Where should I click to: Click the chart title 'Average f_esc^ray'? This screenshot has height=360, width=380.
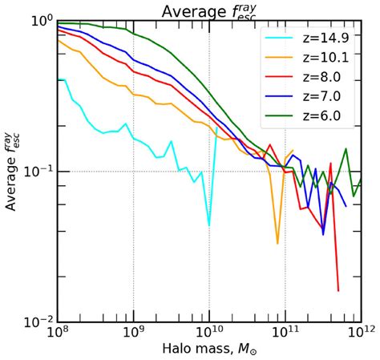pyautogui.click(x=209, y=10)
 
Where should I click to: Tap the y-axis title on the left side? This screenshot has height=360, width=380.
pyautogui.click(x=14, y=171)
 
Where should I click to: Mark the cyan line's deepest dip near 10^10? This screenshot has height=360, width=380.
pyautogui.click(x=209, y=225)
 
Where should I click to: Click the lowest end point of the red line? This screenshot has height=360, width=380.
pyautogui.click(x=338, y=290)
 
